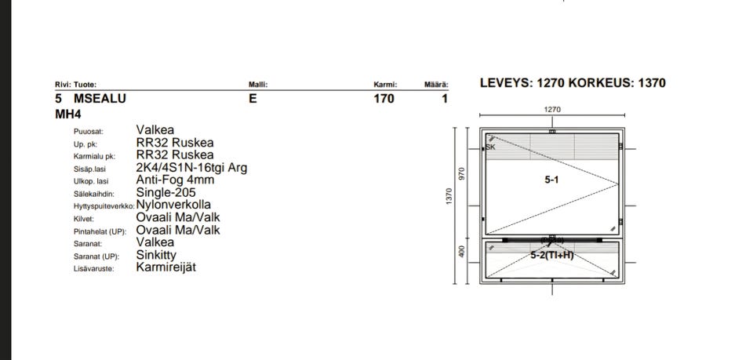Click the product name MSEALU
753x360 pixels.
pos(100,99)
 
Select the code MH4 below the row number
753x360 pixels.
pos(68,115)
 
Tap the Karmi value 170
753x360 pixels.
pos(384,99)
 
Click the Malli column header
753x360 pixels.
pos(258,85)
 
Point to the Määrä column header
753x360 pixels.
pos(436,85)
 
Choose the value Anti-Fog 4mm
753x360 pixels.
pos(175,180)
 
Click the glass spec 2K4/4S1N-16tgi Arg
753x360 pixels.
pos(191,168)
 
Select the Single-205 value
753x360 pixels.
pos(166,192)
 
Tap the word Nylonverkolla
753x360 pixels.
pos(173,205)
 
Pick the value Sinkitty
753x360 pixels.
pos(156,255)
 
